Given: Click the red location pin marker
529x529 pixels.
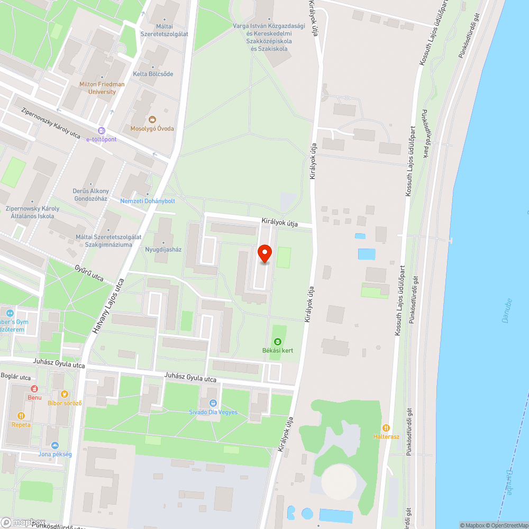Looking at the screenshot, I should click(x=264, y=253).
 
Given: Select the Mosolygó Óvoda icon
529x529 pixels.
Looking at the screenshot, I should click(x=152, y=119).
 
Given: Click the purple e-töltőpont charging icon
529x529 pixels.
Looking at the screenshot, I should click(x=101, y=131).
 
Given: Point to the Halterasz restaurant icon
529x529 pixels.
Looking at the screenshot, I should click(x=386, y=427).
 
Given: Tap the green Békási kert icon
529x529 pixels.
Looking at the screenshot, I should click(x=278, y=342).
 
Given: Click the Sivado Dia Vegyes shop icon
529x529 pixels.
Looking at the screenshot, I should click(x=213, y=403).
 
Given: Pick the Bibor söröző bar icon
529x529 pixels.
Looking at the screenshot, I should click(x=65, y=394).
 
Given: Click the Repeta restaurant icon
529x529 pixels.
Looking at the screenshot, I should click(x=21, y=416).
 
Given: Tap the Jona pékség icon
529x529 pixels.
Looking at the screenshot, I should click(x=54, y=445).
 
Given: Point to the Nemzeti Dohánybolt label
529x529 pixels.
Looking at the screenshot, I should click(x=148, y=201).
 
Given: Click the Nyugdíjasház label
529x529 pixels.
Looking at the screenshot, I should click(x=163, y=249).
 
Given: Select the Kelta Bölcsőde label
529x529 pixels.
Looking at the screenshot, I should click(x=153, y=74).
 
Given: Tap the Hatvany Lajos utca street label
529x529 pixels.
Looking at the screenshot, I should click(x=109, y=306).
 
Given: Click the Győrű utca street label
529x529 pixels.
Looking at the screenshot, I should click(x=89, y=273).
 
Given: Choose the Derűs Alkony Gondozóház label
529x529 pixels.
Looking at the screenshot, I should click(x=91, y=195).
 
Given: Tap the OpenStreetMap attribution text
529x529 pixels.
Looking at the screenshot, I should click(x=506, y=525).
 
